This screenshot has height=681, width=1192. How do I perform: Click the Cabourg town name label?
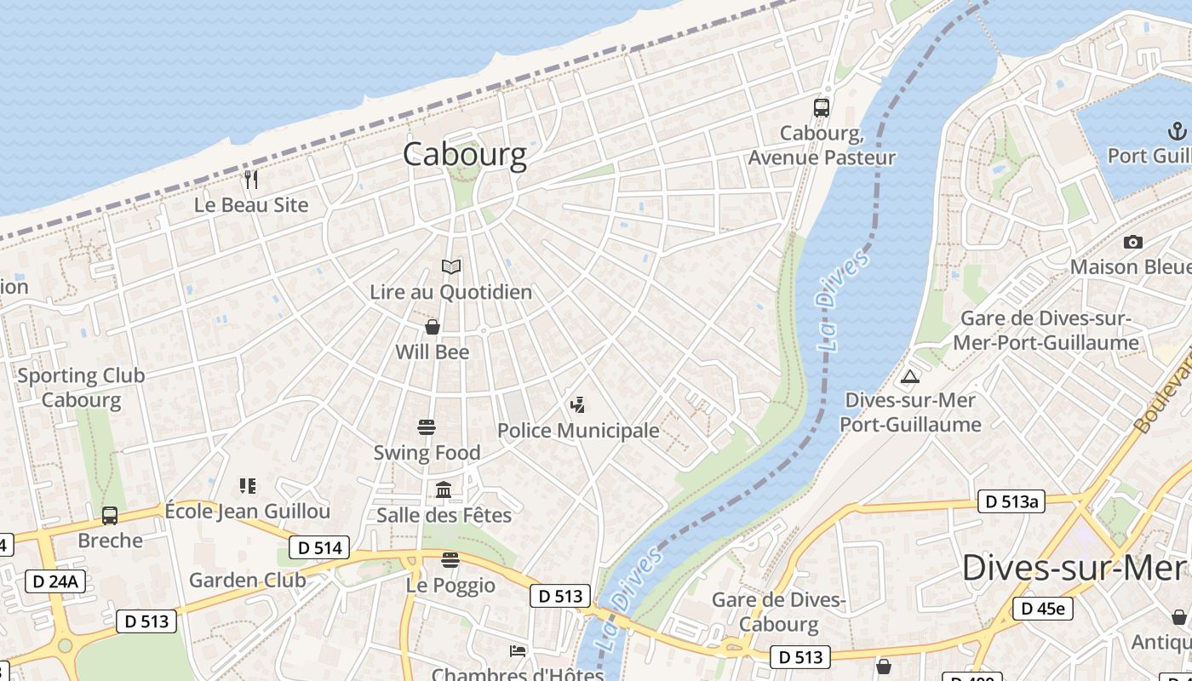(464, 154)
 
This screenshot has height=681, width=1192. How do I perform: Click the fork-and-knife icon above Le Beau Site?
(251, 179)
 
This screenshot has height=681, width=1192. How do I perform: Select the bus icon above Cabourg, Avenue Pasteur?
(821, 107)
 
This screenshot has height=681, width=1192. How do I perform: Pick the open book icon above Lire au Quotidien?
(451, 266)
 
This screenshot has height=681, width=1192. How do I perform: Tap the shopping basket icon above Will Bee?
(433, 327)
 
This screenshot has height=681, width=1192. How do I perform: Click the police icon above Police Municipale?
(578, 405)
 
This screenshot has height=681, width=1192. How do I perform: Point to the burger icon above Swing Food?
(427, 426)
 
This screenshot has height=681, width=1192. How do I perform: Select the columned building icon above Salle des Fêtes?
(444, 489)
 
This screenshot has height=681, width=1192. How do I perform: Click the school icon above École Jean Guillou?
(248, 486)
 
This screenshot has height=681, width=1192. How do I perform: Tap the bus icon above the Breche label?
(110, 515)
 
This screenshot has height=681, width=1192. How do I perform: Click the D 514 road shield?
(320, 547)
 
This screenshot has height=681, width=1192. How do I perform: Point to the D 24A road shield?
(55, 581)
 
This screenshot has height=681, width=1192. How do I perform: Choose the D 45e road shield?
(1042, 608)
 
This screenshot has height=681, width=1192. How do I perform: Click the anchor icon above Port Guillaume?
(1177, 131)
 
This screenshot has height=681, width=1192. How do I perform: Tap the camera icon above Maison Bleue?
(1132, 242)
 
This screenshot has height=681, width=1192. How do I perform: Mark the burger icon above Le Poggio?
(450, 559)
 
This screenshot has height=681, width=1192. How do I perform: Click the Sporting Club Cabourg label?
(81, 387)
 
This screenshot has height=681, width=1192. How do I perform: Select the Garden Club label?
(247, 581)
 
